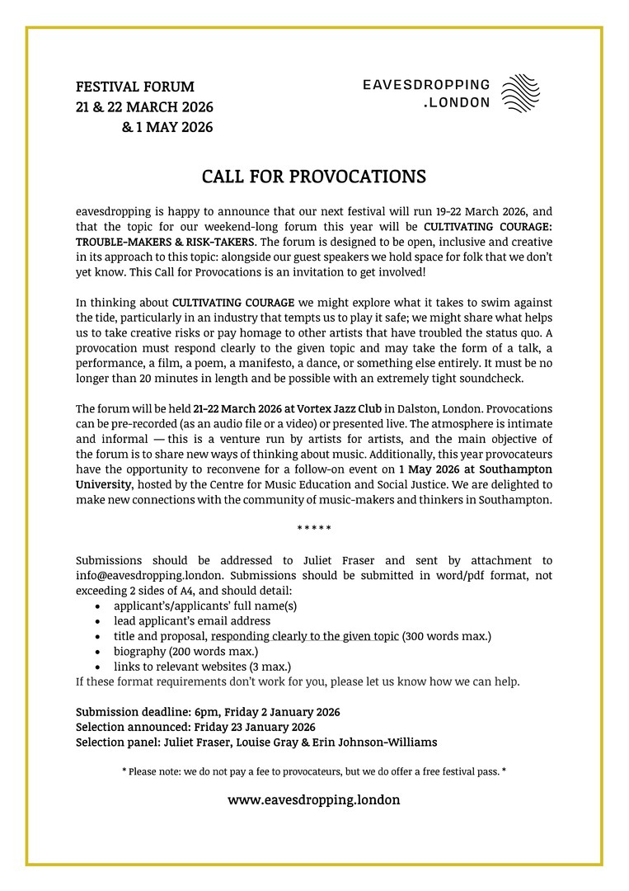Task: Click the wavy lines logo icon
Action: click(x=521, y=93)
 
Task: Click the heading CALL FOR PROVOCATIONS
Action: click(x=314, y=177)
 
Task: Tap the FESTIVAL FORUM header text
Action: click(x=135, y=87)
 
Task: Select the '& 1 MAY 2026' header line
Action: click(x=167, y=127)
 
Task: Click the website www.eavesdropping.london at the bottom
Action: click(x=314, y=799)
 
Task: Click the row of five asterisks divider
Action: click(x=314, y=529)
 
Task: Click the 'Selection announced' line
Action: click(x=195, y=727)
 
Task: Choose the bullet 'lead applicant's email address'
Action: click(x=192, y=620)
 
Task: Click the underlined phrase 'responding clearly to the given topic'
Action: click(x=305, y=636)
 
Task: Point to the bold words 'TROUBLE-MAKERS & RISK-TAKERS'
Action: click(x=166, y=242)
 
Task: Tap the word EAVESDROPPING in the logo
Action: click(x=426, y=86)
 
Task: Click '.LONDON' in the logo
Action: click(x=456, y=103)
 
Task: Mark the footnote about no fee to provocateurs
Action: click(x=314, y=771)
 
